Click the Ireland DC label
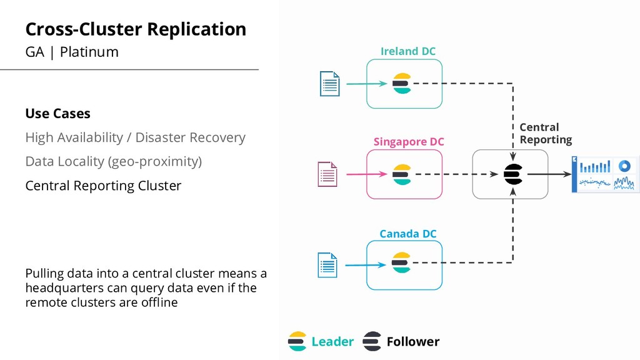407,51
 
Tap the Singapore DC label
409,142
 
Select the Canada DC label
407,234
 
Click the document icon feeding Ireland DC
330,84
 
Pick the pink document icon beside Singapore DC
327,174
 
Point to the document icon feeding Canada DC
327,265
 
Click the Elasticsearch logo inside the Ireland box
402,83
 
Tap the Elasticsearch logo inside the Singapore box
402,174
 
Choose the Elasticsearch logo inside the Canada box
401,262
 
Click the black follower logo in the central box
513,174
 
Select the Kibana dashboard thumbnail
604,174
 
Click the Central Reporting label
546,134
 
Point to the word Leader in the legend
332,342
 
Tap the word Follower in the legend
413,342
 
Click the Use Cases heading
58,114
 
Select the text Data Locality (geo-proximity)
114,162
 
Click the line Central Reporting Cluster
103,186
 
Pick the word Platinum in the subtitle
89,52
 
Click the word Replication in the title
197,29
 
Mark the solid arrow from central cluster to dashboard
549,174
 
